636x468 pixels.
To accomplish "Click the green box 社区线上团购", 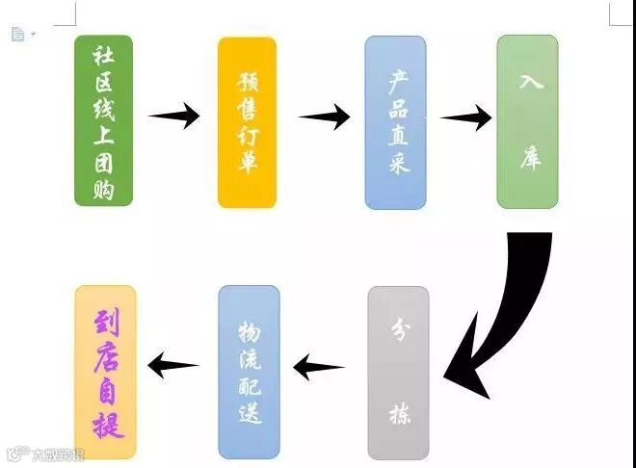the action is (103, 120).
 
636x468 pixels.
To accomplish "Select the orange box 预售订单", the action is (247, 122).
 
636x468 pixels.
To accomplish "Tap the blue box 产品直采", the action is (395, 122).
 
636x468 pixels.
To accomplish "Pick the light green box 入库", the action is (527, 122).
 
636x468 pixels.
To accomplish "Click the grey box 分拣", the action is (397, 372).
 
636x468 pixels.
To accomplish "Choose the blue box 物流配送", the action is (249, 372).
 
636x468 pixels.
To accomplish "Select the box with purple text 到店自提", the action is (105, 372).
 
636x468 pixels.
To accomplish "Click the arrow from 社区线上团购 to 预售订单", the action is (174, 117).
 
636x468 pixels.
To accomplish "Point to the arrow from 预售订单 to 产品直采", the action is (324, 117).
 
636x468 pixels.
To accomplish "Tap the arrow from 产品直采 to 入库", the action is (465, 118).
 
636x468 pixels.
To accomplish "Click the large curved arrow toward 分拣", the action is (506, 308).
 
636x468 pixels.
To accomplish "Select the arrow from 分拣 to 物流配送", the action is (319, 367).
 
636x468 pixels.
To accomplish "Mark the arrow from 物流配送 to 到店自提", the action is (173, 364).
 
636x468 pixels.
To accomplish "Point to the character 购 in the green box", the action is (103, 189).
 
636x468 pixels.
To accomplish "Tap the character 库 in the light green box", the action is (528, 157).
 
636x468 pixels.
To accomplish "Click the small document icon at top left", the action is (17, 34).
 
